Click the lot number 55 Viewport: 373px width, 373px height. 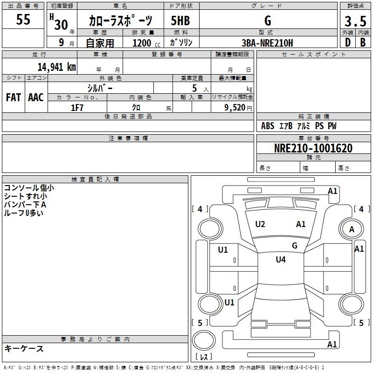click(x=23, y=19)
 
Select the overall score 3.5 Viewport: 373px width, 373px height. click(x=355, y=21)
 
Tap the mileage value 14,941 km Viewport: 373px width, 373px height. click(x=57, y=67)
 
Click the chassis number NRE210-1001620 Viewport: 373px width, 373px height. click(x=313, y=148)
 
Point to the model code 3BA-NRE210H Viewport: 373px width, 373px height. click(x=267, y=43)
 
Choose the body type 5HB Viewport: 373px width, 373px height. click(x=180, y=21)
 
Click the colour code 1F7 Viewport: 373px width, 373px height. click(x=77, y=108)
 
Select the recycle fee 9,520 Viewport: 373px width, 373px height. click(x=235, y=108)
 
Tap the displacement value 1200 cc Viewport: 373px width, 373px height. click(x=146, y=43)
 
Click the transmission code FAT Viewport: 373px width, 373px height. click(x=14, y=97)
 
